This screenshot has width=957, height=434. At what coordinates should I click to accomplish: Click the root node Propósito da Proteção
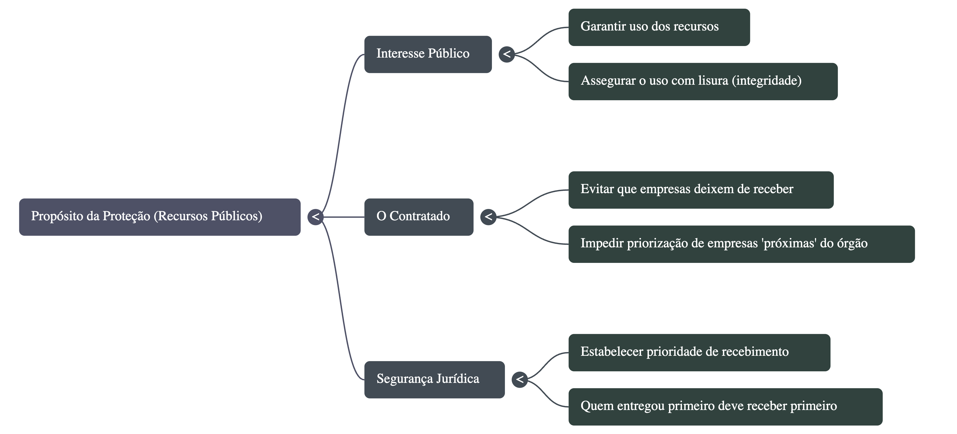click(160, 217)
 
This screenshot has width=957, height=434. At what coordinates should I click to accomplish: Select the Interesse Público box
click(428, 54)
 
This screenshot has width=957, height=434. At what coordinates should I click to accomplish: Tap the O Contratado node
click(419, 217)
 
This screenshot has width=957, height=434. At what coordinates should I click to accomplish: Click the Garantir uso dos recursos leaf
click(659, 27)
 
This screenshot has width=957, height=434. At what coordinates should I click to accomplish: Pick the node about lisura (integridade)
click(703, 81)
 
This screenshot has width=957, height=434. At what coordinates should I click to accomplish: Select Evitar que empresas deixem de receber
click(701, 189)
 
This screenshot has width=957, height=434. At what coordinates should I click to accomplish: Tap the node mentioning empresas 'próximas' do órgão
click(741, 244)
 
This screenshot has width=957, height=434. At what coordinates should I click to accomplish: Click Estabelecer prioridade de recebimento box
click(699, 352)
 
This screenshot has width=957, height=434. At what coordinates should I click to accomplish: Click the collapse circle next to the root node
click(315, 217)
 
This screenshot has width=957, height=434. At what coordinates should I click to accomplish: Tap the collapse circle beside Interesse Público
click(507, 54)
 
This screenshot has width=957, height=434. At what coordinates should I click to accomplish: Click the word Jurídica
click(458, 379)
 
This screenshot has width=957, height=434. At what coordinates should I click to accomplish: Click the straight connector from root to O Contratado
click(344, 217)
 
